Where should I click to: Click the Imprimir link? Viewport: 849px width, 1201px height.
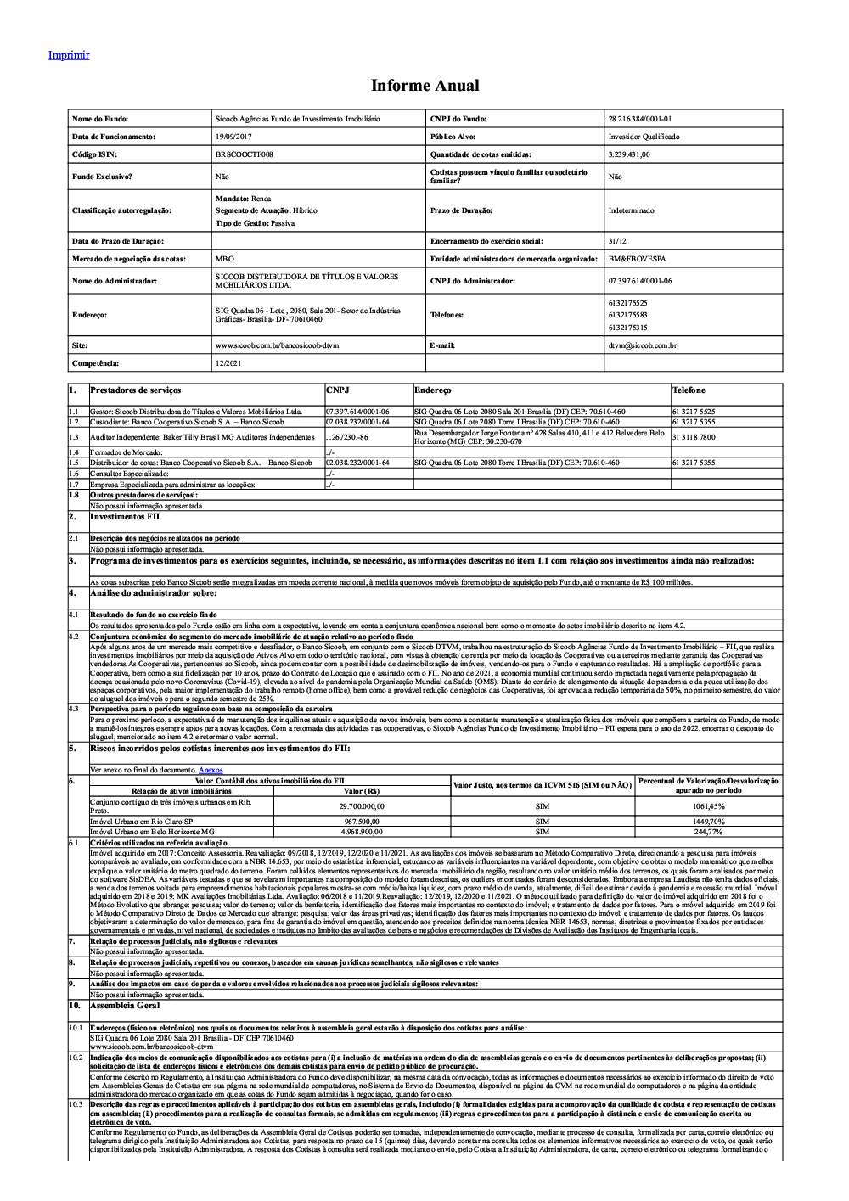click(69, 55)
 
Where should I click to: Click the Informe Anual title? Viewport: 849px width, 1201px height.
click(424, 86)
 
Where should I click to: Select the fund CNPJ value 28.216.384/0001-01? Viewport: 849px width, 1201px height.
click(639, 119)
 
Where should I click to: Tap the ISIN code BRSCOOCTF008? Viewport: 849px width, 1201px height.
click(245, 154)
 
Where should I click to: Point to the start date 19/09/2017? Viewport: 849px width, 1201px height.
click(234, 137)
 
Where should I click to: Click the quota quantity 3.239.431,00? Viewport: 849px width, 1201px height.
click(629, 154)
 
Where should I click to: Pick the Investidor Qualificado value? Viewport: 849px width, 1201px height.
click(644, 137)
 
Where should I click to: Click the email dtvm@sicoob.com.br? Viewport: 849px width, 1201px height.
click(642, 345)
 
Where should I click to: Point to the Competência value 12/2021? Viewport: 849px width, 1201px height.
click(227, 363)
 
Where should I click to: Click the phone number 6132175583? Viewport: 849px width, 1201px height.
click(627, 315)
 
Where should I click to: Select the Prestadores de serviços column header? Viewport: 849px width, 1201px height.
click(136, 390)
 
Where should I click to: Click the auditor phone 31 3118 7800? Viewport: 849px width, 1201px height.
click(693, 437)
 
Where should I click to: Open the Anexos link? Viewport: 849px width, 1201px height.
click(211, 770)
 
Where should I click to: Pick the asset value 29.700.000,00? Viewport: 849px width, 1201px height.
click(362, 806)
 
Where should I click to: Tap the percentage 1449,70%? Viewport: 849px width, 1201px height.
click(708, 822)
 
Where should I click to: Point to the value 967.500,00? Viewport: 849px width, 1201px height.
click(362, 822)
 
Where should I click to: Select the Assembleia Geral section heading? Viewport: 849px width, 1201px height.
click(125, 1005)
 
